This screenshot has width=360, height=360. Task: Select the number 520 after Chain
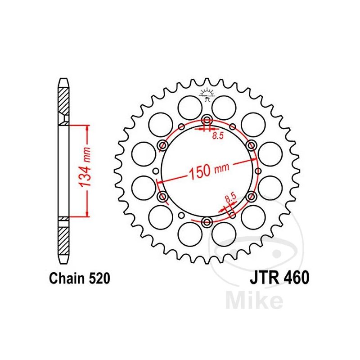click(99, 279)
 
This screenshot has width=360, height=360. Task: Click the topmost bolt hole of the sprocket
click(207, 120)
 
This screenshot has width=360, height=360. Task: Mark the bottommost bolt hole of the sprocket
click(207, 221)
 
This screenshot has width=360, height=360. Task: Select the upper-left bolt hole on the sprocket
click(163, 145)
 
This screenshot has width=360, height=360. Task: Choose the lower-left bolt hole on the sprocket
click(163, 196)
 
